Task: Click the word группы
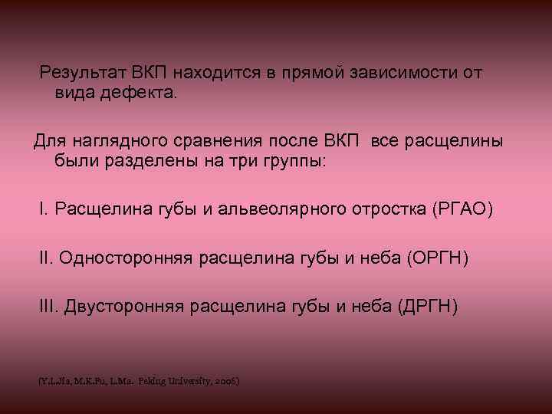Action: (x=291, y=162)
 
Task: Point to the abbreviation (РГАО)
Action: (x=463, y=209)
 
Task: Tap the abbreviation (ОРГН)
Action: (x=439, y=258)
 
